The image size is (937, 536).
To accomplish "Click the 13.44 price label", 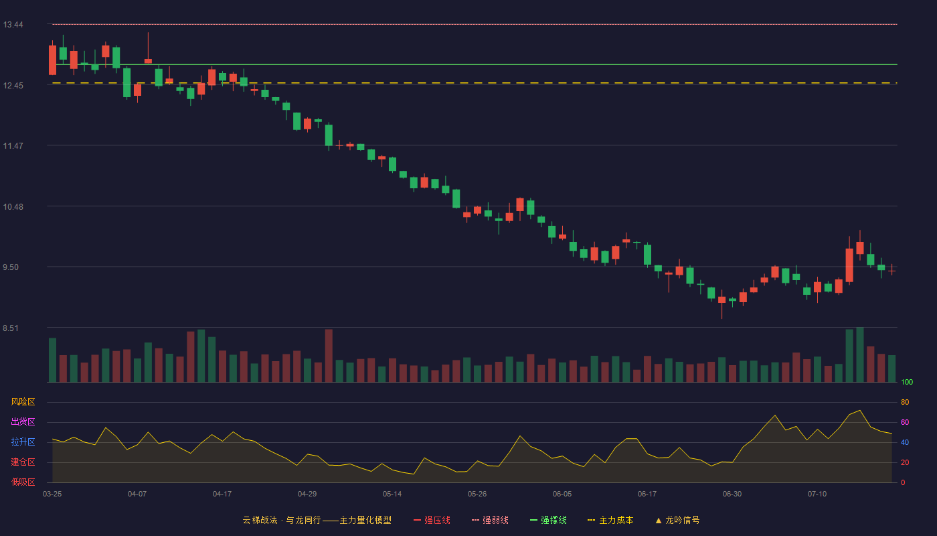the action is tap(13, 25).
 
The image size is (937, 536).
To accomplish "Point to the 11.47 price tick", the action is tap(13, 146).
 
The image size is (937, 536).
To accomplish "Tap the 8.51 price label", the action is tap(11, 328).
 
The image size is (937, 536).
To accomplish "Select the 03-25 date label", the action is tap(52, 494).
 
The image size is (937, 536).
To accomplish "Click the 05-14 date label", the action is tap(392, 494).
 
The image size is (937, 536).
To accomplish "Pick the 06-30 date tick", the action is tap(732, 494).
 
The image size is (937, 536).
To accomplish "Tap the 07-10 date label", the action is tap(817, 494).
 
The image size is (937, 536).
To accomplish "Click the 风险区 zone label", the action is tap(23, 402).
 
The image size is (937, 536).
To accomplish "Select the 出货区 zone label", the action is tap(23, 421).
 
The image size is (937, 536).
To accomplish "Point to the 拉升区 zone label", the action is tap(23, 442).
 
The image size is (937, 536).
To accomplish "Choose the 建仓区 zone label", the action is tap(23, 462).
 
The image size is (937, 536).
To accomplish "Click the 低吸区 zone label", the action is tap(23, 482).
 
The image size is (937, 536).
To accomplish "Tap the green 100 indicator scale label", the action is tap(907, 382).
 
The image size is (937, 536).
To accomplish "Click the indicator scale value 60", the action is tap(905, 422).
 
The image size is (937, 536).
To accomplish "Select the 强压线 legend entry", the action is tap(432, 520).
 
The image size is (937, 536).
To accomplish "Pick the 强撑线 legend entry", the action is tap(548, 520).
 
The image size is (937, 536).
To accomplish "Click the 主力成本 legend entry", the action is tap(610, 520).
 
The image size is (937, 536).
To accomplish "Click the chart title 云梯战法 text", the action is tap(260, 520).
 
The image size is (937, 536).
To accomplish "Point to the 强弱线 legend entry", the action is tap(490, 520).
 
